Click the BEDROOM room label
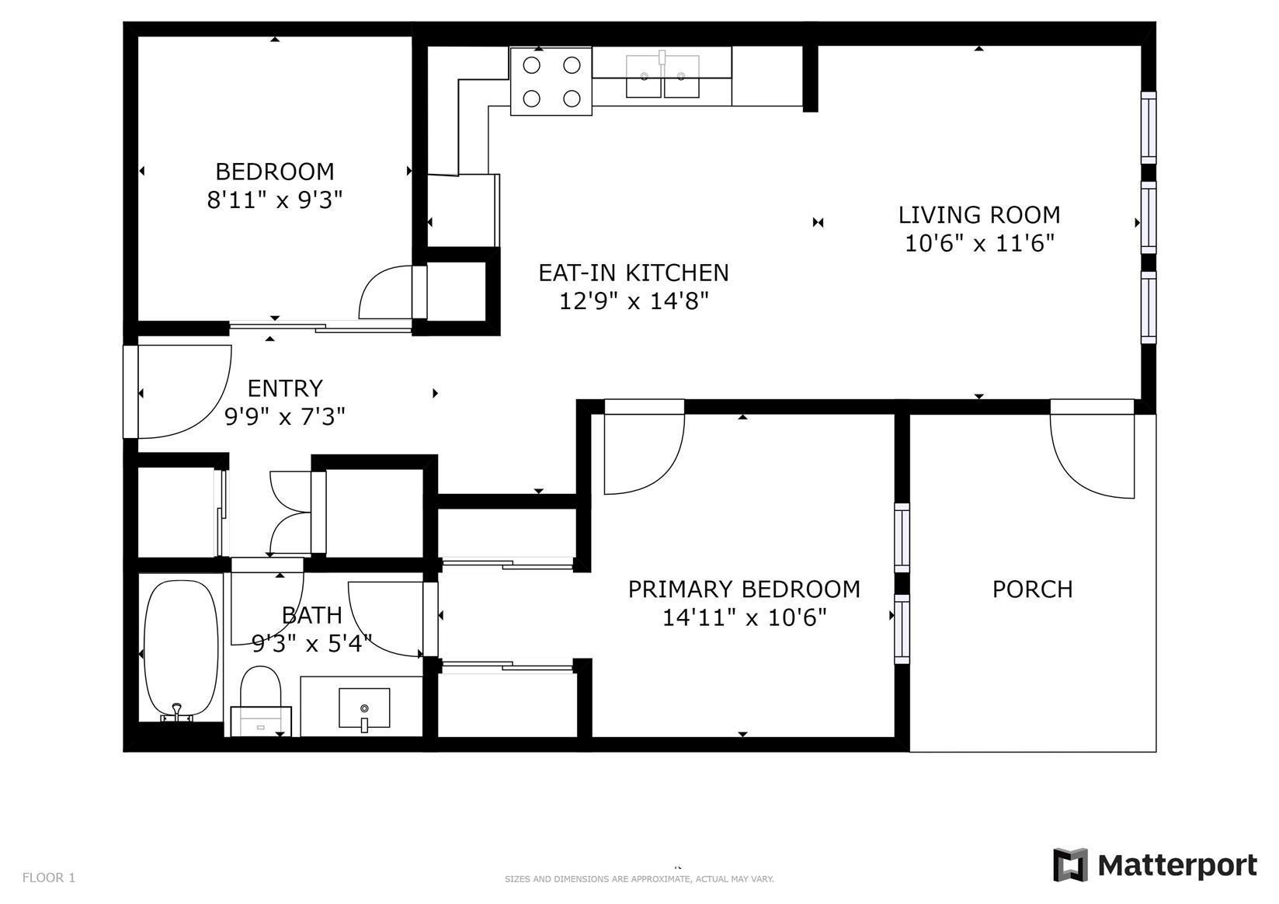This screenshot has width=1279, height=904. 275,172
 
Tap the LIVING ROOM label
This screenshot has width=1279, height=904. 979,214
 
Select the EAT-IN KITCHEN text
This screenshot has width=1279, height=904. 634,273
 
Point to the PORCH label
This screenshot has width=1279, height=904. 1032,589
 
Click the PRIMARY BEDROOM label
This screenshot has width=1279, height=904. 744,589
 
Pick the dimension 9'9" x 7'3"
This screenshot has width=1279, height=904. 285,417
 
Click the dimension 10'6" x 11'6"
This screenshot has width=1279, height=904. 979,243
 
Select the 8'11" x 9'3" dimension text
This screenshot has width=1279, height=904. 275,200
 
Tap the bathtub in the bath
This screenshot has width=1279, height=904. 180,652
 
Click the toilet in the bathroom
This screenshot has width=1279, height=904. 261,701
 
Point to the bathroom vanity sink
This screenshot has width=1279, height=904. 364,709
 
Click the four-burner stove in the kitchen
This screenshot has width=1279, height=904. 551,81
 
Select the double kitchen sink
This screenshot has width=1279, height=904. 662,76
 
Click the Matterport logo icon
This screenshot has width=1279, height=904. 1071,865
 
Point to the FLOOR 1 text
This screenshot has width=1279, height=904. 48,878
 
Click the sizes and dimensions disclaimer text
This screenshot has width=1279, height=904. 639,879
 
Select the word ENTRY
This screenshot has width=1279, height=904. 285,388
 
